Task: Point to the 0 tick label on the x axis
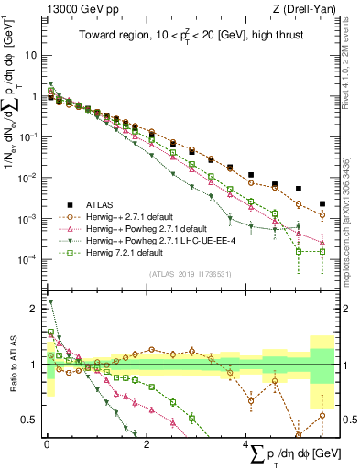[47, 443]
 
